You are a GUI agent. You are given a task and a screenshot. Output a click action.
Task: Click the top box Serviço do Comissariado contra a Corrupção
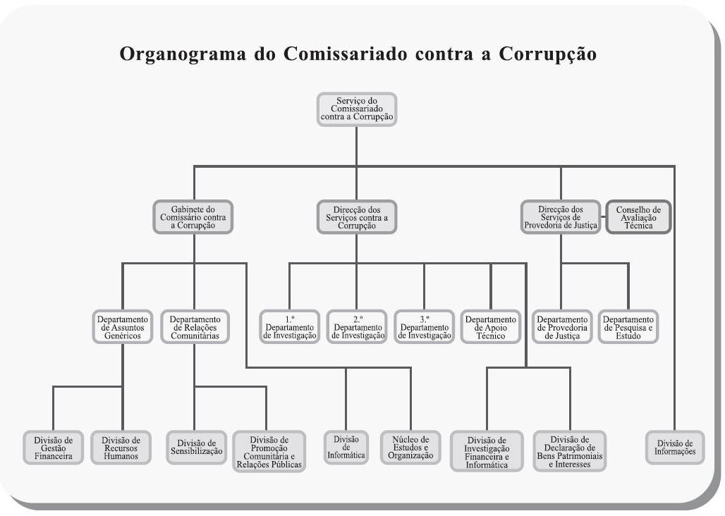click(x=357, y=109)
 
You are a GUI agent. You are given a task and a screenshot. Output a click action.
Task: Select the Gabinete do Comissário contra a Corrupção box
click(x=193, y=217)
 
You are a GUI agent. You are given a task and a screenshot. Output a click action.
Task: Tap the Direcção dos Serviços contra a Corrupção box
click(x=356, y=217)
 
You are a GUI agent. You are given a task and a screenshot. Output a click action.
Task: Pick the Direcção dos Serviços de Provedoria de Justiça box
click(x=561, y=217)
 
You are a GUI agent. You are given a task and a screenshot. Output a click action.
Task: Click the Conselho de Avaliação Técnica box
click(x=638, y=217)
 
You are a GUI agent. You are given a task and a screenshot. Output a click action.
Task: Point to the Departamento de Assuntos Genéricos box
click(x=123, y=327)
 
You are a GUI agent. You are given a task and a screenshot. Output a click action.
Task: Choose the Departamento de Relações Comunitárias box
click(x=194, y=327)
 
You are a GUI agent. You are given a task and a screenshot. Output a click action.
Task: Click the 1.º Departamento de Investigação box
click(x=290, y=327)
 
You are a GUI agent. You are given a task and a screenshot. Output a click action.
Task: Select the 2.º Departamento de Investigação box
click(x=357, y=327)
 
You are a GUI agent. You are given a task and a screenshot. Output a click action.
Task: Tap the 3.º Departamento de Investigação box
click(x=424, y=327)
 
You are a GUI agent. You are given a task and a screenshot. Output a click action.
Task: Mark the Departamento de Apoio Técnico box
click(x=491, y=327)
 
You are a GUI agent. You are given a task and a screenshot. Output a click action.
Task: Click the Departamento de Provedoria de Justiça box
click(x=562, y=327)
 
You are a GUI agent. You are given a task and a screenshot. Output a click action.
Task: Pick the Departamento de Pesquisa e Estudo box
click(x=628, y=327)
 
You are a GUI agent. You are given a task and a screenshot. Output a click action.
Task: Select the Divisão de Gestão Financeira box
click(x=53, y=447)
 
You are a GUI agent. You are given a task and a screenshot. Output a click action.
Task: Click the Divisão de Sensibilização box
click(x=196, y=447)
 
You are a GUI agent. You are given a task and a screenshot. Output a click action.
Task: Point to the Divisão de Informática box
click(x=346, y=446)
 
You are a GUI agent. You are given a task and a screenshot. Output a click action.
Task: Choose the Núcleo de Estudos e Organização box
click(x=410, y=447)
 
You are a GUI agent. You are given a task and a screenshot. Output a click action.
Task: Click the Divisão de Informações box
click(x=675, y=447)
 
